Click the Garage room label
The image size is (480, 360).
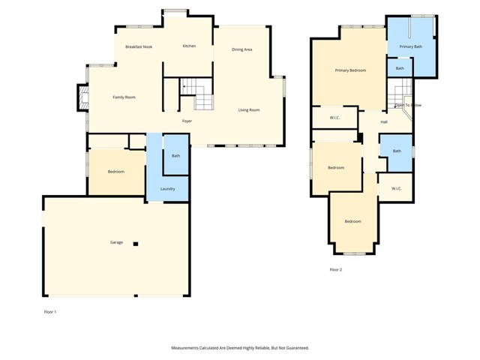pos(116,242)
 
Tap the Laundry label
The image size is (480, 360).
pos(168,188)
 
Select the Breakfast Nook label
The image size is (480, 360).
pos(139,46)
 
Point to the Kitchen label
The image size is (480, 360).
pos(189,46)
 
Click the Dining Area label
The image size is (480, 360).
pos(241,49)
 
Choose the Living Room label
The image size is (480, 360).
pos(249,110)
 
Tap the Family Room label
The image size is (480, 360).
pos(124,97)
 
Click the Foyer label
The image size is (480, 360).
pos(187,121)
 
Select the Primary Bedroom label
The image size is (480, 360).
pos(350,70)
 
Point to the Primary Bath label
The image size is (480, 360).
pos(410,46)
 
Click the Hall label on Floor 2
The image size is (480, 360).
pos(384,121)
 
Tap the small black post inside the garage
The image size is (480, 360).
pos(136,244)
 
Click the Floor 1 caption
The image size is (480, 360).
pos(49,311)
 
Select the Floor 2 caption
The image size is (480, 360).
pos(335,269)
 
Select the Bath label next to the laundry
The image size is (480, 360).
pos(175,156)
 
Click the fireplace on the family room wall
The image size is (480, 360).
pos(83,95)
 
